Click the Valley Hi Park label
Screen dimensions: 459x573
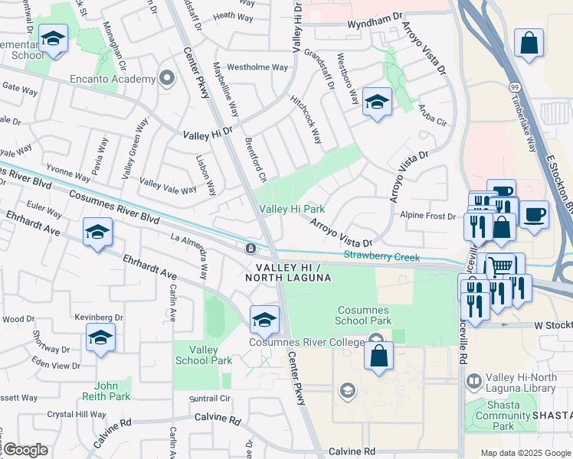tap(292, 209)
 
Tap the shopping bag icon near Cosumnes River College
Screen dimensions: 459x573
tap(378, 356)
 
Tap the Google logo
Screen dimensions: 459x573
tap(26, 450)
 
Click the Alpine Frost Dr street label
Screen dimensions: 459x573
tap(429, 216)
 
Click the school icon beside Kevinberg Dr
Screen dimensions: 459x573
tap(100, 337)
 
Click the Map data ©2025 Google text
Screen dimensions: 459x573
tap(525, 453)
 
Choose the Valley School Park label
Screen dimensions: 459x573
tap(203, 355)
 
